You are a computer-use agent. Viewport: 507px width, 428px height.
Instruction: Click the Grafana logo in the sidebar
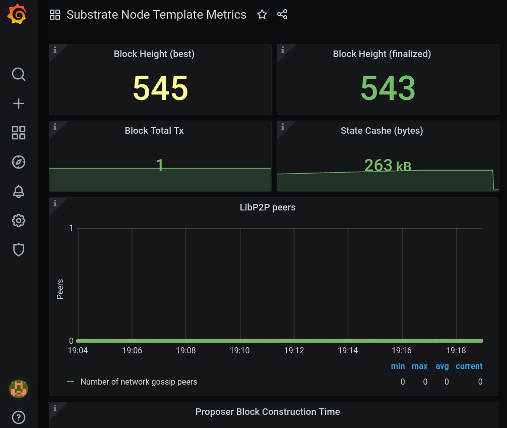tap(17, 14)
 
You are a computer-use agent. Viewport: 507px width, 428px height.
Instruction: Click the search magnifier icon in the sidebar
tap(19, 75)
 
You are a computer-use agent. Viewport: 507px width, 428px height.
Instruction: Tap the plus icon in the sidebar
tap(19, 104)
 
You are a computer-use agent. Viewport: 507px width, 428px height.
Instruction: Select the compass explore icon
tap(19, 162)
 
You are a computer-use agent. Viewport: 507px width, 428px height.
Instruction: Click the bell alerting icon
tap(19, 191)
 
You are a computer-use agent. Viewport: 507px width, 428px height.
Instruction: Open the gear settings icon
tap(19, 221)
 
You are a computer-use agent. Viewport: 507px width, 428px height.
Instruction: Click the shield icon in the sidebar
tap(19, 250)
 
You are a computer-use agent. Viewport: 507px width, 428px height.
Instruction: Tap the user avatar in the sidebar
tap(19, 389)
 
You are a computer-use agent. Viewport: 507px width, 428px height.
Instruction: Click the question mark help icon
tap(19, 417)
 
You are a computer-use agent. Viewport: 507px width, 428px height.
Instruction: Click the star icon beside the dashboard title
tap(262, 15)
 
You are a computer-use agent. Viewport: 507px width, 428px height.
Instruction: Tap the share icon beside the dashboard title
tap(282, 15)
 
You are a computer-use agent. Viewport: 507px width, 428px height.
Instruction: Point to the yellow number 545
tap(160, 88)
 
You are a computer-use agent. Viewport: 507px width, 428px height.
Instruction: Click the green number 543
tap(388, 88)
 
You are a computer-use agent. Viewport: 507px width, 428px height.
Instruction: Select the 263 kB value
tap(388, 165)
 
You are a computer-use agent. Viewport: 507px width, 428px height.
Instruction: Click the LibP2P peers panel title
tap(267, 207)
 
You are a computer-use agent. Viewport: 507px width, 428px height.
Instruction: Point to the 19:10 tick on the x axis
tap(240, 350)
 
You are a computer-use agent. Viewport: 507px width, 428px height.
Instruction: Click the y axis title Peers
tap(60, 289)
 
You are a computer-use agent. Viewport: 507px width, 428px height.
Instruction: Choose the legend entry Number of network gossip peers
tap(139, 382)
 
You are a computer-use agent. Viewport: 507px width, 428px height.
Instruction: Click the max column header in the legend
tap(419, 366)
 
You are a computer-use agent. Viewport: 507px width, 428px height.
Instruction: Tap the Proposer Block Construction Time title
tap(268, 412)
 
